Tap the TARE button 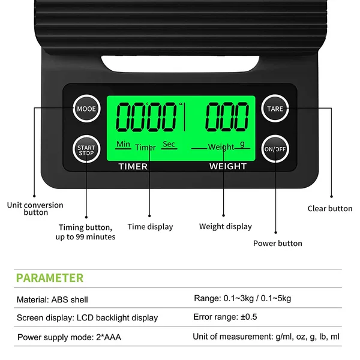275,109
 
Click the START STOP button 86,149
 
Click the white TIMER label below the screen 133,166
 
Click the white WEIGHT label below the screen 228,166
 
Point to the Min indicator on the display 123,144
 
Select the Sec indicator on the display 169,144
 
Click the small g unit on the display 242,144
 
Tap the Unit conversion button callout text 35,208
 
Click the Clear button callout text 330,208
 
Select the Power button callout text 278,244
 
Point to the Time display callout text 150,227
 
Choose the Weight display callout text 226,227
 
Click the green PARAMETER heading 50,278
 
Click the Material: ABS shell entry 52,299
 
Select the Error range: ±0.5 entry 225,317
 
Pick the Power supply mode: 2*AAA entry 69,337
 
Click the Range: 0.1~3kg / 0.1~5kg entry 242,298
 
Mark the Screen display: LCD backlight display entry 87,318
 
